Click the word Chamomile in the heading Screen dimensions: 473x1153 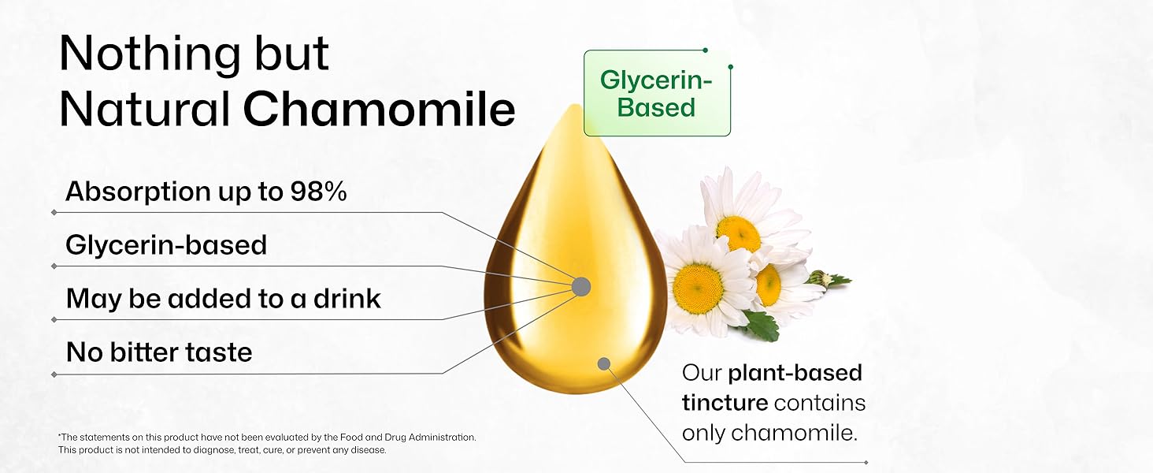point(379,110)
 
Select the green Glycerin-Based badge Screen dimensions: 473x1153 point(656,93)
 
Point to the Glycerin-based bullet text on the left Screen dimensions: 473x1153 point(166,245)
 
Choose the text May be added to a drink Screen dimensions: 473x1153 point(223,299)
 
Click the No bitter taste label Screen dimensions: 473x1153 point(159,352)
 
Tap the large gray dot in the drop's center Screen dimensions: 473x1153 point(581,286)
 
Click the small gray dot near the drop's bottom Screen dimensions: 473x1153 point(604,363)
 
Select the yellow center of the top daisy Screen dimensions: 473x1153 point(739,233)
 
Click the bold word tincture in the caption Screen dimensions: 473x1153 point(725,403)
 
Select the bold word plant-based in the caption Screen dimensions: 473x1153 point(795,372)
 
